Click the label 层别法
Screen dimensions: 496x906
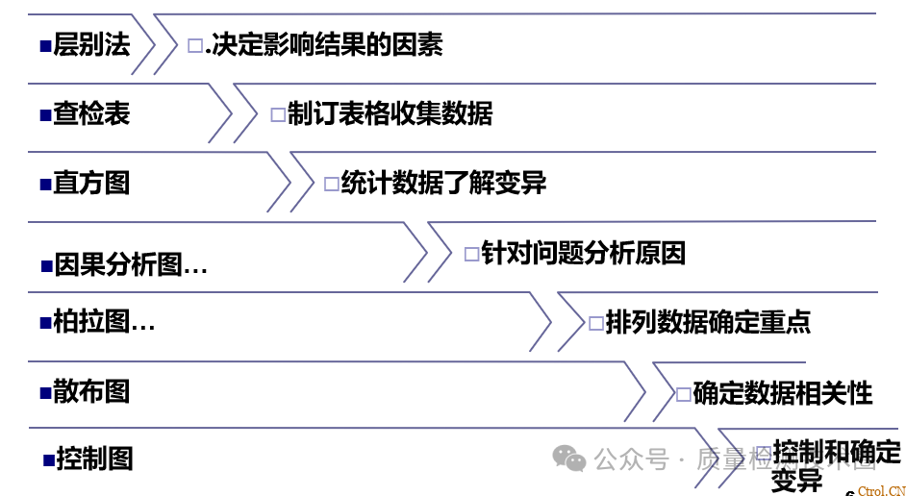point(91,44)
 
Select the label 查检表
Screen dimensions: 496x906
point(91,114)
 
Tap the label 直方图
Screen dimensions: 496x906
point(91,183)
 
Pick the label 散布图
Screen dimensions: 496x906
point(91,391)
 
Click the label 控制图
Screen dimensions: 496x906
point(94,459)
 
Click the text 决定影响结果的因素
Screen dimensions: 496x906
point(325,44)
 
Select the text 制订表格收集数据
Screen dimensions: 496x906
point(390,114)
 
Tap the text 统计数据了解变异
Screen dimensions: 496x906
point(443,183)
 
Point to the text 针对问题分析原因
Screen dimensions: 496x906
point(583,254)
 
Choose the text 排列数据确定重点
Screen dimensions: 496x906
point(708,322)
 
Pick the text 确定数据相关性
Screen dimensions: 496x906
point(782,392)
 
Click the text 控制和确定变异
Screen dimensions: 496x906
point(835,464)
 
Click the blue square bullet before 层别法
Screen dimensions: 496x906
point(45,45)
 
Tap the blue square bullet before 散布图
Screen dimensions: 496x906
point(45,392)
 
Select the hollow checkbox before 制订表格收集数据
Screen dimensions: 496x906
point(278,115)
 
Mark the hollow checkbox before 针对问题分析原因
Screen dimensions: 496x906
point(471,255)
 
